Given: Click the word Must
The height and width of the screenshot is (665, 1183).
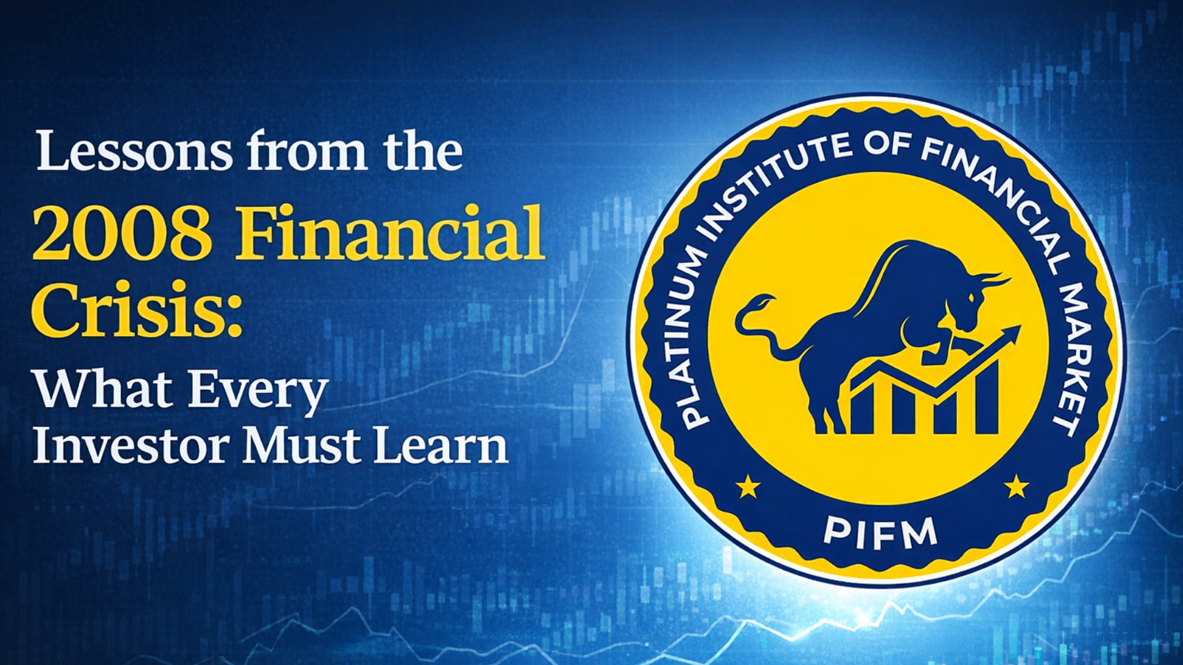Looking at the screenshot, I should point(302,446).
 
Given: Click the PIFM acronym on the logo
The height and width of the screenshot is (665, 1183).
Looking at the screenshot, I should point(880,533).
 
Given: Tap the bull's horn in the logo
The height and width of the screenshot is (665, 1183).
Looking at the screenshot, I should point(993,280).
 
